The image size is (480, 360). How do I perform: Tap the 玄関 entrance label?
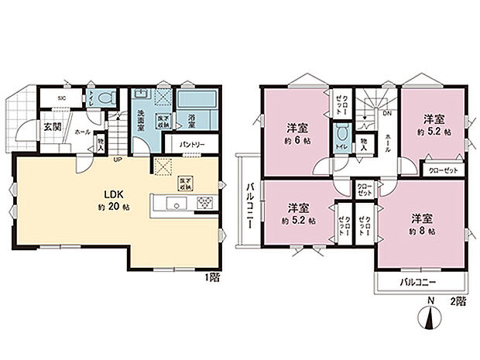[52, 127]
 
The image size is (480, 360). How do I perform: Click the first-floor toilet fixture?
[109, 98]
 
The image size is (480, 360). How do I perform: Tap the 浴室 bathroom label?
[191, 121]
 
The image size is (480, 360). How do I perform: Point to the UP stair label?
[118, 161]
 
